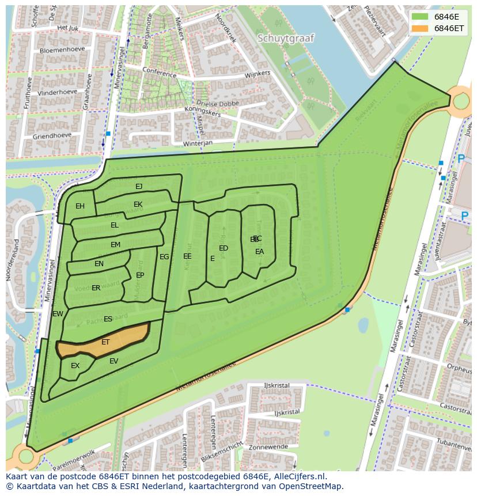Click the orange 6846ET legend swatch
421,28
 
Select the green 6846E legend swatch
421,17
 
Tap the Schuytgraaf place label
286,39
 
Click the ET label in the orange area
105,342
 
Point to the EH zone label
80,206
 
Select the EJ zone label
139,187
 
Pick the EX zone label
75,366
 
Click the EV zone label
113,361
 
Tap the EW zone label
58,314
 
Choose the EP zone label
140,275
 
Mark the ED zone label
224,248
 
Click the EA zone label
260,252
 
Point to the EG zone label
164,257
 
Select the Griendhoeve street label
52,136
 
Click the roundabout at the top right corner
461,102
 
